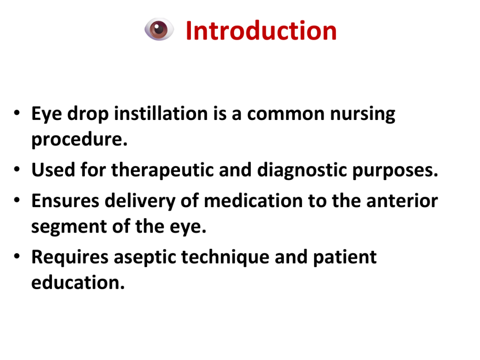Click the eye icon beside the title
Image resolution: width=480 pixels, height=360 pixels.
point(159,30)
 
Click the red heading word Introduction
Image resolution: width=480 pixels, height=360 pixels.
point(261,30)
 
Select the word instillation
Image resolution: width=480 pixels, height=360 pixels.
point(161,113)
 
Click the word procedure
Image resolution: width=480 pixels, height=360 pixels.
point(80,140)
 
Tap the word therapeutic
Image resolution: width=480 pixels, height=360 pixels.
point(162,170)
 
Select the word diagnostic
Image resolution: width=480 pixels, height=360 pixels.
point(302,170)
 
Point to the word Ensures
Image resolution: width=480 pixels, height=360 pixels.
point(65,201)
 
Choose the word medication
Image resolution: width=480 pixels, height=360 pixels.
point(253,201)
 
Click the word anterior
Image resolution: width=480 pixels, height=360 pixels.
point(402,201)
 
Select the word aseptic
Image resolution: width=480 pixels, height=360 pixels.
point(145,257)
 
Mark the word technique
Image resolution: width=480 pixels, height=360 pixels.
point(225,257)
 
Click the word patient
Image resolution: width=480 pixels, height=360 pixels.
point(345,257)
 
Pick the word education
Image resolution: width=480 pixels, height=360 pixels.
point(78,283)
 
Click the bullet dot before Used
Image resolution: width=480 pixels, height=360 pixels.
point(17,169)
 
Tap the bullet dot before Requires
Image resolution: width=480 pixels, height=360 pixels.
point(17,256)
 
